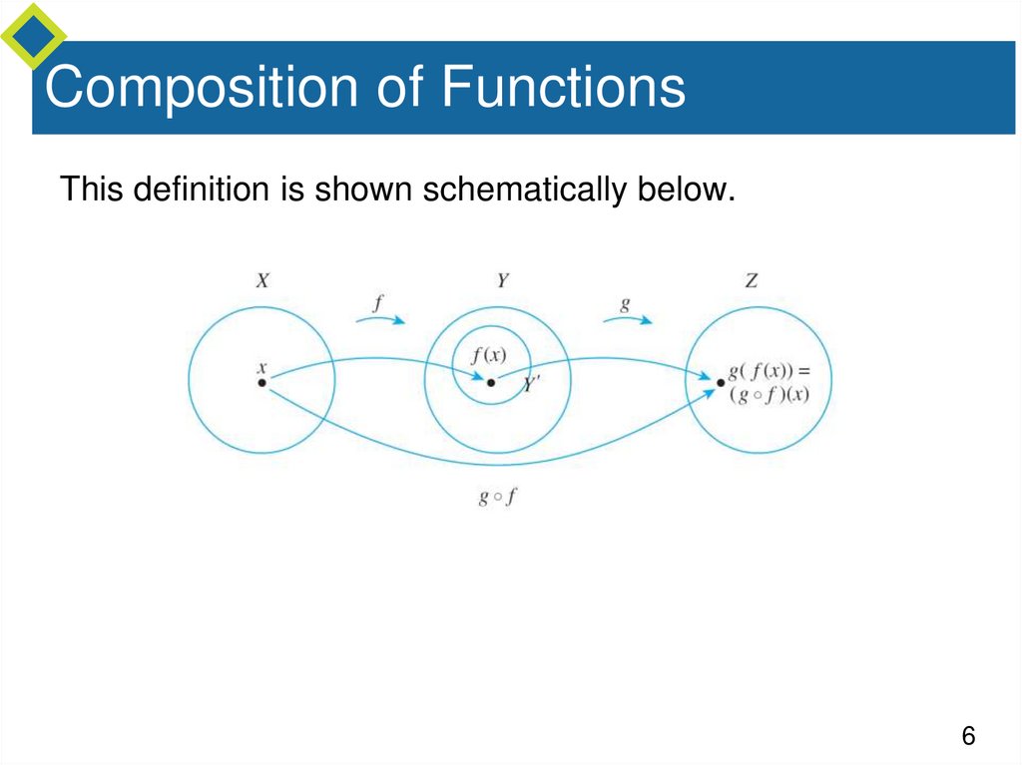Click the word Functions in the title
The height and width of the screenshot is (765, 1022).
tap(564, 88)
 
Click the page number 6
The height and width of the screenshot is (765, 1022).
tap(967, 737)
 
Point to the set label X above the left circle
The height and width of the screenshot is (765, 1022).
tap(261, 282)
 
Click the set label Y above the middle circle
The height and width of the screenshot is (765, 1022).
tap(502, 282)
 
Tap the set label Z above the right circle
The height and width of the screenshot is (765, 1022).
tap(751, 282)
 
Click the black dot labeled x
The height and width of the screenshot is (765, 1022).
tap(261, 382)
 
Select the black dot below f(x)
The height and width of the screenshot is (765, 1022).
tap(490, 382)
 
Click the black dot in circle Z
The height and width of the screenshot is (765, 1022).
tap(721, 382)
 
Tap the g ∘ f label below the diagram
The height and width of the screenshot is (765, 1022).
tap(496, 497)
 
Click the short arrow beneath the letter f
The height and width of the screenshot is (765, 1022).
tap(380, 319)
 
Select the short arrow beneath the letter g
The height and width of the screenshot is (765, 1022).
tap(627, 319)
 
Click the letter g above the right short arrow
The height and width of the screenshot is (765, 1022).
tap(625, 301)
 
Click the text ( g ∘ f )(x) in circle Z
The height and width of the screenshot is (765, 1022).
tap(768, 394)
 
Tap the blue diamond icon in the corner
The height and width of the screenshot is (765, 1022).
tap(33, 35)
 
